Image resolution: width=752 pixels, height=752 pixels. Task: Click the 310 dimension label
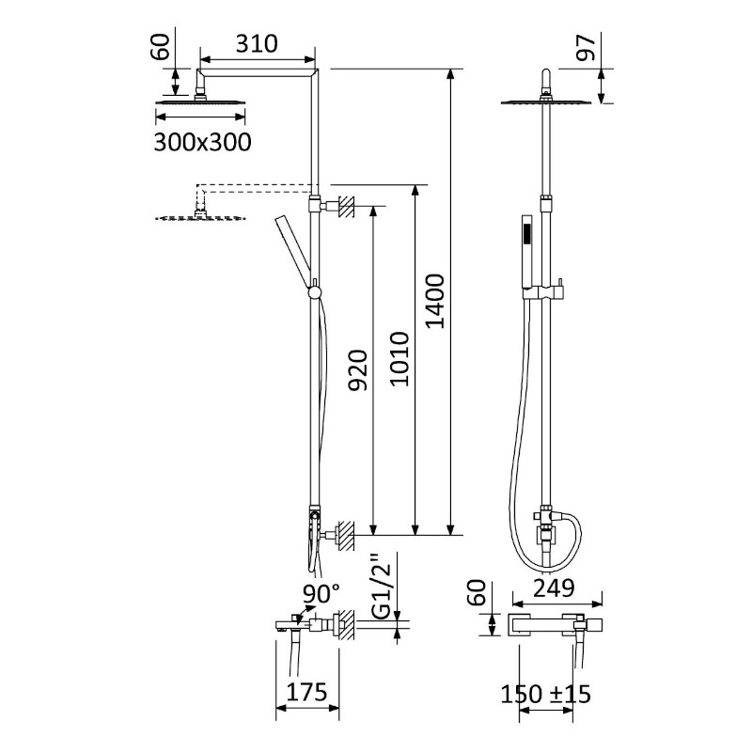click(257, 43)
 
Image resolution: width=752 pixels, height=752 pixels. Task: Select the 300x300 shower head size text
click(202, 143)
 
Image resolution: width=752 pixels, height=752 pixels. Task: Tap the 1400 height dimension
click(435, 301)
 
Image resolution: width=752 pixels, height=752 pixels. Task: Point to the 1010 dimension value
click(399, 359)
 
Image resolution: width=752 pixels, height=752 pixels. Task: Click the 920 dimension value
click(358, 370)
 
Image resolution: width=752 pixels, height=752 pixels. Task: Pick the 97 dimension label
click(586, 48)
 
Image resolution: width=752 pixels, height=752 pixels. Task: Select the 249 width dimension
click(554, 588)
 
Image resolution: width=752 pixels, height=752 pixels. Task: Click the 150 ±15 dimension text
click(546, 694)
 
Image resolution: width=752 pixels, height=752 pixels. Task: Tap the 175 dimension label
click(307, 692)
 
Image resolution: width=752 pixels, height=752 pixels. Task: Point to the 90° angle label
click(321, 594)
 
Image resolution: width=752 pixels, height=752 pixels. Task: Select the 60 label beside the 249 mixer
click(477, 593)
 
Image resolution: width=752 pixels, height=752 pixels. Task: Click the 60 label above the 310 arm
click(161, 47)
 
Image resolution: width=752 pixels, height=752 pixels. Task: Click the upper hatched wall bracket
click(347, 206)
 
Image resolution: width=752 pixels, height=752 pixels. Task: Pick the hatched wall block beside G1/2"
click(347, 624)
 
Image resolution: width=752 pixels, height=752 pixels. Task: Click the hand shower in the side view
click(293, 252)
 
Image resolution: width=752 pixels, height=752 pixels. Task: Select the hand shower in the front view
click(526, 252)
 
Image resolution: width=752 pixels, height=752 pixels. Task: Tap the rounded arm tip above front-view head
click(546, 80)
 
